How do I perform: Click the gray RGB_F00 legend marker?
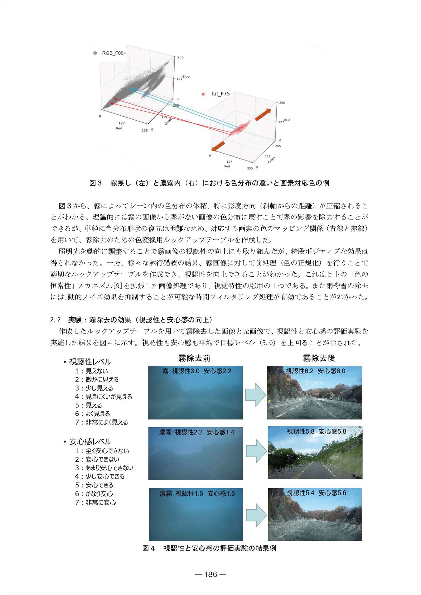95,53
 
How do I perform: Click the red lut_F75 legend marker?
203,94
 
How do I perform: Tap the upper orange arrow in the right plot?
263,115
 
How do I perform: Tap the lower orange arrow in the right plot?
218,146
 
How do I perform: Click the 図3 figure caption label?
95,183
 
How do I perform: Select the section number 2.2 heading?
55,320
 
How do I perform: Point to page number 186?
210,574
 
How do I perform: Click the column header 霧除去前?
194,358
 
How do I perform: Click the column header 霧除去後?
319,358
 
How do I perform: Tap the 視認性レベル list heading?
90,362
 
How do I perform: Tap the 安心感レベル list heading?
90,442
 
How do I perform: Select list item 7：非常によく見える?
102,422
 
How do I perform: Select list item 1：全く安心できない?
102,451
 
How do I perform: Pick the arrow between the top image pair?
255,395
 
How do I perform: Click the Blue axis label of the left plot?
186,76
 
